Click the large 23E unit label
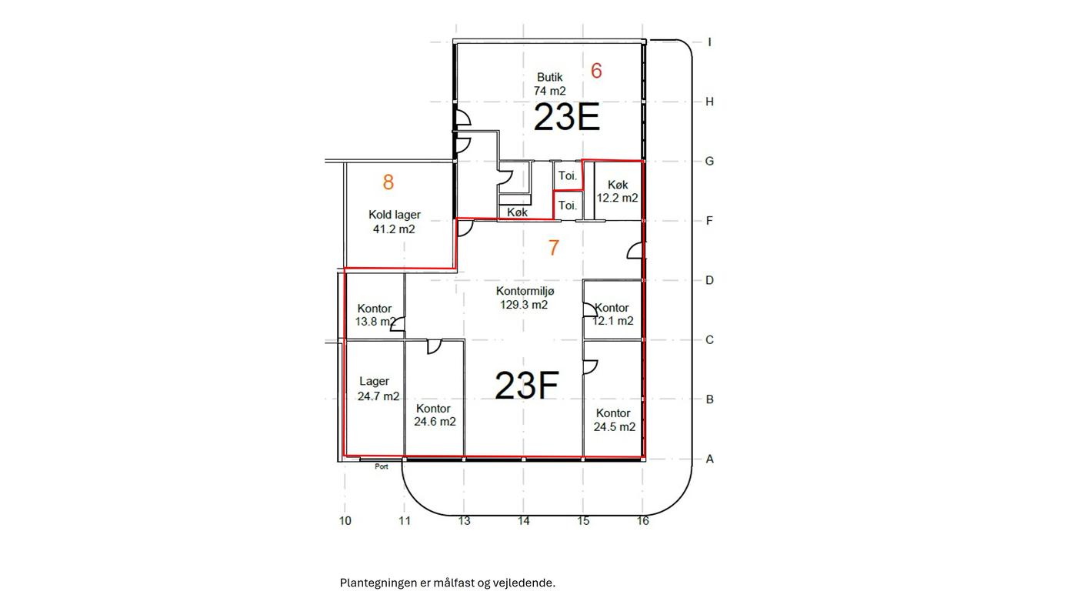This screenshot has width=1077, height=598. pos(567,118)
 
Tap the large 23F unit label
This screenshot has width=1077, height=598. pos(526,386)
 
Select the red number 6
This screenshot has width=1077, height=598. pos(596,71)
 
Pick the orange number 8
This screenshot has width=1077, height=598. pos(388,182)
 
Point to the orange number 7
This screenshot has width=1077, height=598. pos(554,248)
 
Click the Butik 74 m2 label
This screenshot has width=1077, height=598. pos(549,84)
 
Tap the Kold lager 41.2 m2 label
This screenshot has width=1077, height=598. pos(394,222)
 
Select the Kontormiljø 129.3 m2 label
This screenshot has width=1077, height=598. pos(525,298)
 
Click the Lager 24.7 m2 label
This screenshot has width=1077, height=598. pos(378,389)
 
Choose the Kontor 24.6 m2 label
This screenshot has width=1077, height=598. pos(435,415)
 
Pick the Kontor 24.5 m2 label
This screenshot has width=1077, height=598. pos(614,420)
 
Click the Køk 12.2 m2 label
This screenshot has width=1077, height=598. pos(617,191)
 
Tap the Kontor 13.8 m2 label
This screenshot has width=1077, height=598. pos(375,315)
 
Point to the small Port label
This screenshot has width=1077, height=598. pos(382,466)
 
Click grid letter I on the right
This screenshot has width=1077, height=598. pos(709,42)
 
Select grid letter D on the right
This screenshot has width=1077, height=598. pos(709,280)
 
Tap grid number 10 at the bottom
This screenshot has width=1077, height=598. pos(345,520)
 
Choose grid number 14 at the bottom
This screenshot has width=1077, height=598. pos(524,520)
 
